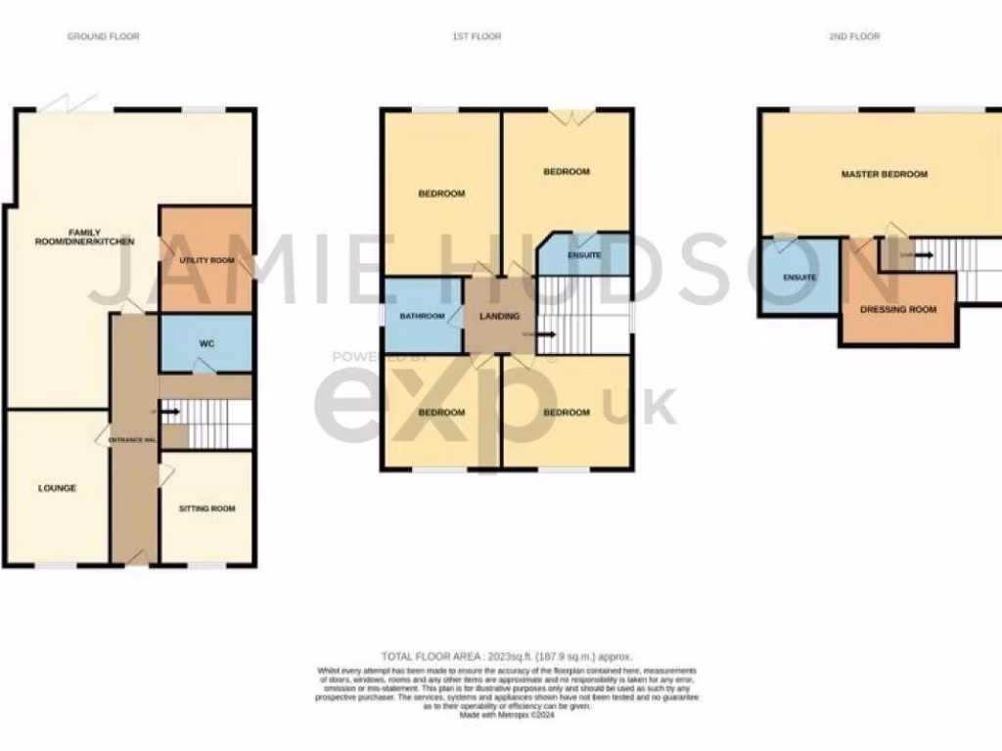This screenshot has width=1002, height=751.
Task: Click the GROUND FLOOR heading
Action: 103,36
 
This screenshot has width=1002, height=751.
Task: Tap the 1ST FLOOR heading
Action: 477,36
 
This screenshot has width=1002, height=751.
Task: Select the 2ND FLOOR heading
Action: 854,36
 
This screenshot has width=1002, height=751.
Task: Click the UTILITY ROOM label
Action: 206,260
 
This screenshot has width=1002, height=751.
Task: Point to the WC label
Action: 206,343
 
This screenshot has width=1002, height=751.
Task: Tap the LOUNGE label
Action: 57,488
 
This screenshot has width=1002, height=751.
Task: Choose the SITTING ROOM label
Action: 206,508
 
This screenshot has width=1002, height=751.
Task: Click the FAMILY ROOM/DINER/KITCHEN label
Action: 102,236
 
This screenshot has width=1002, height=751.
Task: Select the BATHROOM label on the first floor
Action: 422,316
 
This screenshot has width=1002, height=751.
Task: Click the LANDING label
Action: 498,316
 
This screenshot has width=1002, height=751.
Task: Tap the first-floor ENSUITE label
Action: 584,256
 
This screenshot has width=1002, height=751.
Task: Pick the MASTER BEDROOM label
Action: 884,174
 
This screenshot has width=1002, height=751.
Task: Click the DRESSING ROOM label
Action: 897,309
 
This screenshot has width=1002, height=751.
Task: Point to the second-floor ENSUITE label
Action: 799,278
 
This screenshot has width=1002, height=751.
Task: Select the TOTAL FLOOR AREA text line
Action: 507,656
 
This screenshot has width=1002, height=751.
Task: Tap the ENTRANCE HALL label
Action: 133,441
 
